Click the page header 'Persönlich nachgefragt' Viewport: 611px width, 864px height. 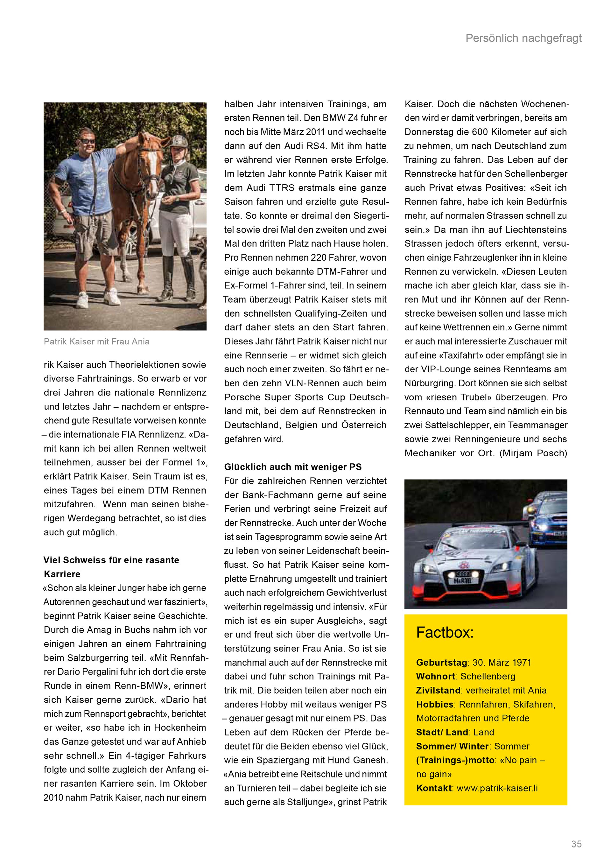tap(523, 38)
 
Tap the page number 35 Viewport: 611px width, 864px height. tap(576, 844)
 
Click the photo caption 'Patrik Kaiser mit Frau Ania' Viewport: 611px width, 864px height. tap(97, 342)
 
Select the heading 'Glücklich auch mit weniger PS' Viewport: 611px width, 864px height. tap(293, 467)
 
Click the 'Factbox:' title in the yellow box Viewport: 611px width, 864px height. tap(445, 633)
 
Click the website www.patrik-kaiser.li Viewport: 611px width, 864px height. tap(497, 788)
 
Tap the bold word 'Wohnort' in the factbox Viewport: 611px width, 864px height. tap(436, 676)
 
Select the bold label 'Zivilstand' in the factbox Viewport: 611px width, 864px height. tap(438, 690)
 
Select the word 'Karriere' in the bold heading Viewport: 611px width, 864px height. tap(62, 574)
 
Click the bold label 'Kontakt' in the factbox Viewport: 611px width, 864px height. tap(434, 788)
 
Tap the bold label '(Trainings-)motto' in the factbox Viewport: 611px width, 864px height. tap(455, 760)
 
